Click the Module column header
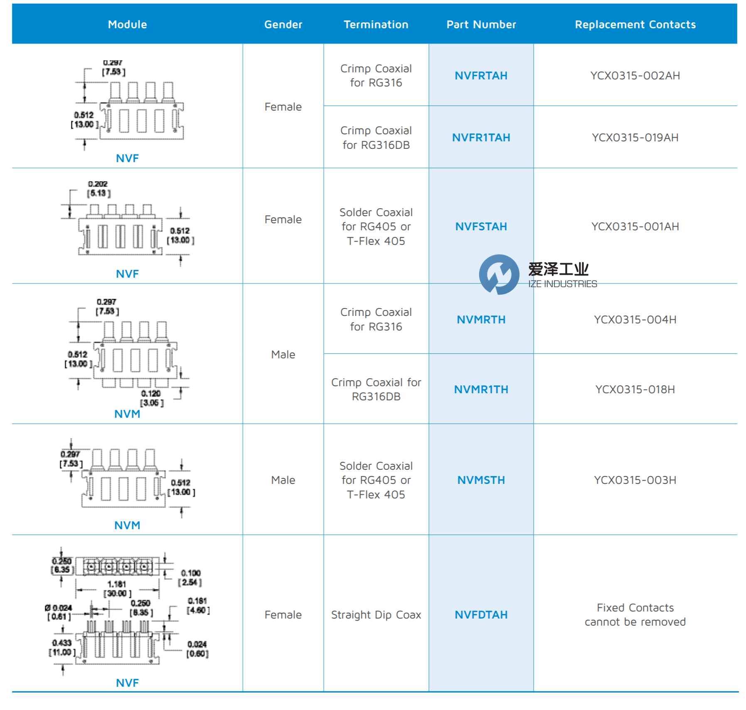[127, 25]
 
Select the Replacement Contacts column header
[635, 25]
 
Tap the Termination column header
[376, 25]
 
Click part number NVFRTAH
[481, 76]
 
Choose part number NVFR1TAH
[481, 138]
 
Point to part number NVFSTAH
[481, 227]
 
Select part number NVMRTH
[481, 320]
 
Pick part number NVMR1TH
[481, 390]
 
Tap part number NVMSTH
[481, 480]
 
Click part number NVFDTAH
[481, 615]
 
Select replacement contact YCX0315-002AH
[635, 76]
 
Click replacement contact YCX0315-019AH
[635, 138]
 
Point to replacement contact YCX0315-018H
[635, 390]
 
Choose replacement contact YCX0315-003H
[635, 480]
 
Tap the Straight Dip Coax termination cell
[376, 615]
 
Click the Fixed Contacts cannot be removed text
[635, 615]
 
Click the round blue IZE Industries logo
[499, 274]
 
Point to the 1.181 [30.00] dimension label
[117, 589]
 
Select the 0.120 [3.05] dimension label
[151, 398]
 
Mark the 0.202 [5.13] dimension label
[98, 189]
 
